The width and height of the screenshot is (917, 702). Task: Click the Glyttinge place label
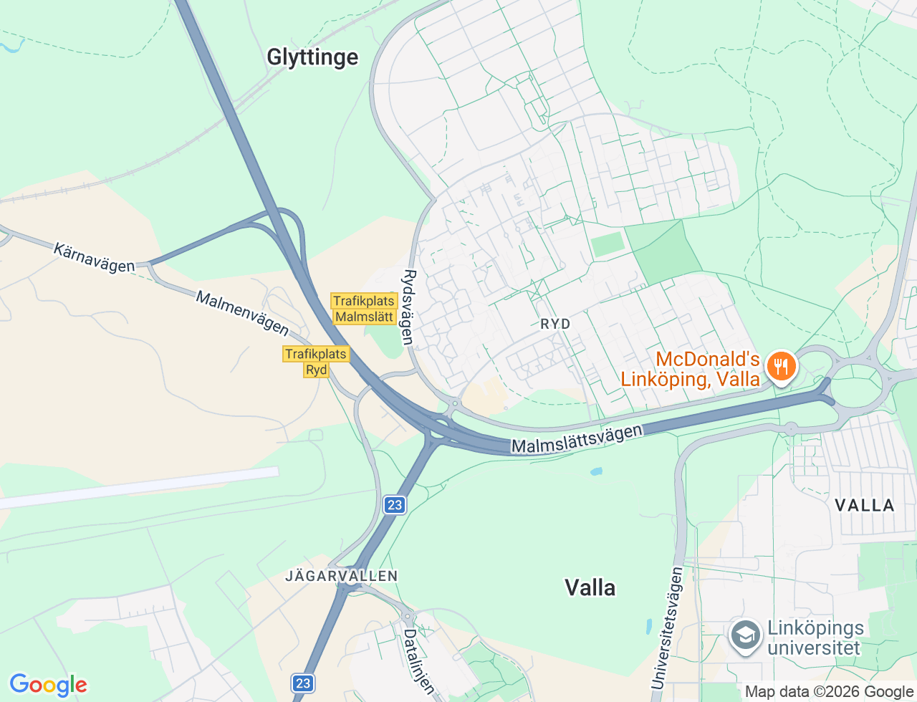(312, 57)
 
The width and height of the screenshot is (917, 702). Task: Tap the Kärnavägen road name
(94, 258)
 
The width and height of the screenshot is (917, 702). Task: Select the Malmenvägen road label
(242, 313)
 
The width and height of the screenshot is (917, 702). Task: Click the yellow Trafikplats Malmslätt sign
(364, 309)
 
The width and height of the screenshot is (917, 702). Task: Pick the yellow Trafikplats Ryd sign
(316, 362)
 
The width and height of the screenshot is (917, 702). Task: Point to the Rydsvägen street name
(408, 307)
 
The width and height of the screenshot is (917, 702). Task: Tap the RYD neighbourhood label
(555, 324)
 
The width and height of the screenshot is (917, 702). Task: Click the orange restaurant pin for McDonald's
(781, 367)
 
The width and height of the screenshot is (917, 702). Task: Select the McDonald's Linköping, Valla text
(690, 369)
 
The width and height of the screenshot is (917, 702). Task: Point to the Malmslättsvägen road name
(577, 438)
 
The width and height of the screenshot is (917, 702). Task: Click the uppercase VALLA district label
(865, 506)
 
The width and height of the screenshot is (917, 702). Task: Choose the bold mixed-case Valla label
(590, 588)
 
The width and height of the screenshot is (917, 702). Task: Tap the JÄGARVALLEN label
(342, 576)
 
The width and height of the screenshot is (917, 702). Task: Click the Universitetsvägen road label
(666, 628)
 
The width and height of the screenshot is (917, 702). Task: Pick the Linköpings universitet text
(815, 638)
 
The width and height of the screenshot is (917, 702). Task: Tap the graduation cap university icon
(745, 635)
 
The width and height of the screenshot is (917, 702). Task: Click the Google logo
(48, 686)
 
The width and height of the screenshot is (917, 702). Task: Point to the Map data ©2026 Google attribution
(829, 692)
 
